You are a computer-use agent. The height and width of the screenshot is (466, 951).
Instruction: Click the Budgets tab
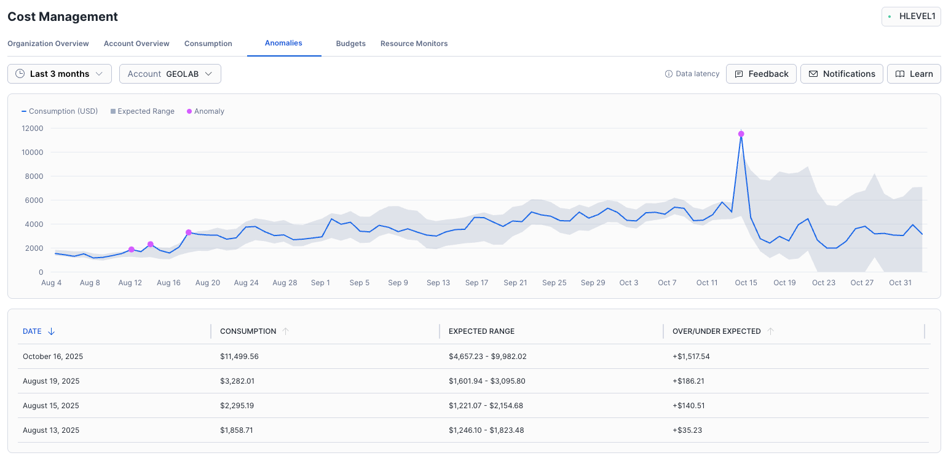pos(350,44)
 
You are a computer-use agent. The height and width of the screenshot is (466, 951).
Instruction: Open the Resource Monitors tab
pos(414,44)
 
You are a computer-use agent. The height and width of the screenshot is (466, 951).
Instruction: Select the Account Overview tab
pos(136,44)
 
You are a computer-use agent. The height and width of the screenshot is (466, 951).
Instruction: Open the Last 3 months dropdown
pos(60,74)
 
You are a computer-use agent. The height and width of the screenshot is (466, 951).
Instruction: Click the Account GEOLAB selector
pos(170,74)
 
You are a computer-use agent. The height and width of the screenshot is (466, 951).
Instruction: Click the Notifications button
pos(842,74)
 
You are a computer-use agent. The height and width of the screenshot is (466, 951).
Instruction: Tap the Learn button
pos(914,74)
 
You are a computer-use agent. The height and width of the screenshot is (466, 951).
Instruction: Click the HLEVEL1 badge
pos(911,17)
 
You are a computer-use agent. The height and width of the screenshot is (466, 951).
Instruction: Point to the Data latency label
pos(692,74)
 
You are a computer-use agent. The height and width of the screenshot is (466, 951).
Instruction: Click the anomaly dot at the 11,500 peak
pos(741,134)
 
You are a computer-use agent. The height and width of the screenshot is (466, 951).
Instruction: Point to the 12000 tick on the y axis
pos(33,128)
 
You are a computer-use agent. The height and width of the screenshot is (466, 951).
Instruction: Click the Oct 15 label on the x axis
pos(746,283)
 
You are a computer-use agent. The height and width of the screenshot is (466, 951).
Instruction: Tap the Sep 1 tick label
pos(320,283)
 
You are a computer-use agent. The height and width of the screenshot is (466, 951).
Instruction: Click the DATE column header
pos(33,331)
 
